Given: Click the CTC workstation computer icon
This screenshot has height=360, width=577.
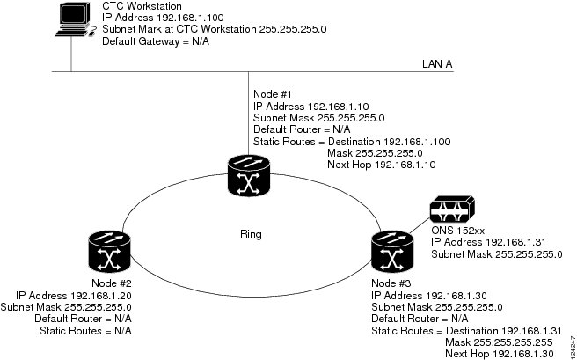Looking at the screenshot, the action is [73, 19].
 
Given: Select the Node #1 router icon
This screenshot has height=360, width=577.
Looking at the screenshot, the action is [249, 175].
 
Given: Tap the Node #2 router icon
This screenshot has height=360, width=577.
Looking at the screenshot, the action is [110, 252].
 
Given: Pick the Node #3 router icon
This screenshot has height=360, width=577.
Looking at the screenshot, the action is [392, 252].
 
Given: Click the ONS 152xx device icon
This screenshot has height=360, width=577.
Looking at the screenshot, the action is [452, 209].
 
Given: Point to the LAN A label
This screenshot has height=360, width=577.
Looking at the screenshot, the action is [437, 64].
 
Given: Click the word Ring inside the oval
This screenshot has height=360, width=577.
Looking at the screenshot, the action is [251, 234].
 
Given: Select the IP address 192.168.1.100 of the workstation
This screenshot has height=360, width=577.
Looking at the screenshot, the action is [190, 18].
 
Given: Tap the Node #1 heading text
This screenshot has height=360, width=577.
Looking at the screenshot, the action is [273, 94].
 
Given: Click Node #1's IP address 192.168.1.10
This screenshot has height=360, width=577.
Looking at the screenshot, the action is [338, 107].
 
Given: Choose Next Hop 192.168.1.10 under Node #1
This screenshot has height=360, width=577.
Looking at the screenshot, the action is [382, 165].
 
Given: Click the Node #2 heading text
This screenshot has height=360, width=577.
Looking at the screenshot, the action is [112, 283].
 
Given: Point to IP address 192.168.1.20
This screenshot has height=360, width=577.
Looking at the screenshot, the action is [101, 296].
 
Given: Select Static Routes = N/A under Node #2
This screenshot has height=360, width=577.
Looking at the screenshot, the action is [85, 331].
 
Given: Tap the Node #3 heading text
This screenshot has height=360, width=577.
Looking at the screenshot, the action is [391, 283].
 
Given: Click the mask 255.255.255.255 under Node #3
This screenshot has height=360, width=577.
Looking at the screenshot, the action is [513, 342].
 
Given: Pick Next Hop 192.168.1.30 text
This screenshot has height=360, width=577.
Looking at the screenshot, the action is [500, 354].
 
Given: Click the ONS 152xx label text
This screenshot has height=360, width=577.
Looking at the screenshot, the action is [457, 231].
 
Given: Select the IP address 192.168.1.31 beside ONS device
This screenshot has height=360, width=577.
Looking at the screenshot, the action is [515, 242].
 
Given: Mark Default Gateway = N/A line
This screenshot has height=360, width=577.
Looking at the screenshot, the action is [156, 41].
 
